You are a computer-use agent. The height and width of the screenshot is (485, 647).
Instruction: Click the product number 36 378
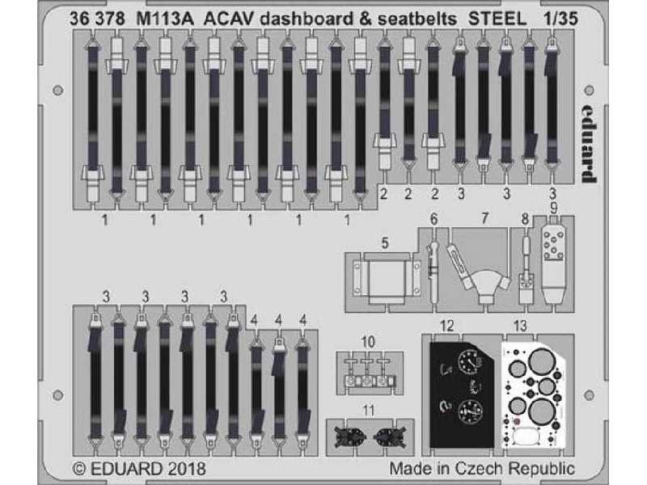(97, 19)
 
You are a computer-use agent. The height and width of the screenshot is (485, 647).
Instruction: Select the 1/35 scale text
(560, 19)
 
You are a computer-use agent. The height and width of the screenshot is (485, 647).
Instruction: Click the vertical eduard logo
(589, 143)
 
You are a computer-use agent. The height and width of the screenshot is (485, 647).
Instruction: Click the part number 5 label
(385, 243)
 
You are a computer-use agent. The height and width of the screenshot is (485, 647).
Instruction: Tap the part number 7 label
(484, 218)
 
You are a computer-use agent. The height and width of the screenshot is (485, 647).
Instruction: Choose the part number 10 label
(368, 342)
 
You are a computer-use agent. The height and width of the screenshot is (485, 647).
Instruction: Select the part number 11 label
(368, 411)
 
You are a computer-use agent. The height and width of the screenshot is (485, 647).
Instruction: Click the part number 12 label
(446, 326)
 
